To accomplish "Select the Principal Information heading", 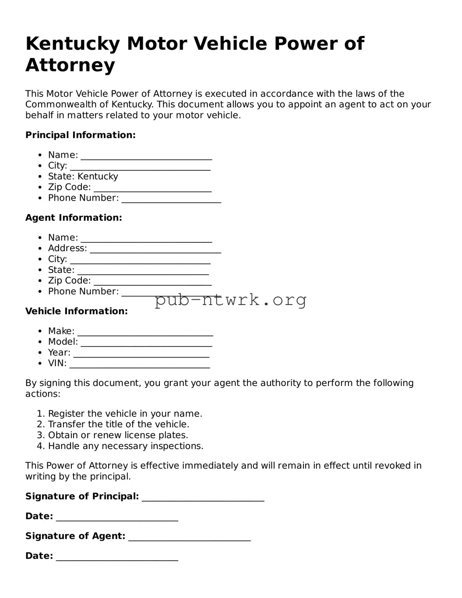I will point(81,135).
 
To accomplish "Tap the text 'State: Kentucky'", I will point(83,176).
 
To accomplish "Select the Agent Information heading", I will point(74,218).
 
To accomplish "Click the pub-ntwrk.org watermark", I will point(230,300).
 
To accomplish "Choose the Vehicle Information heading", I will point(77,311).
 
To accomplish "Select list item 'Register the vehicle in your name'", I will point(125,414).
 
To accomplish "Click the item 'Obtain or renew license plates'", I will point(118,435).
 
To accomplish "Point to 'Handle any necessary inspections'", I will point(126,446).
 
